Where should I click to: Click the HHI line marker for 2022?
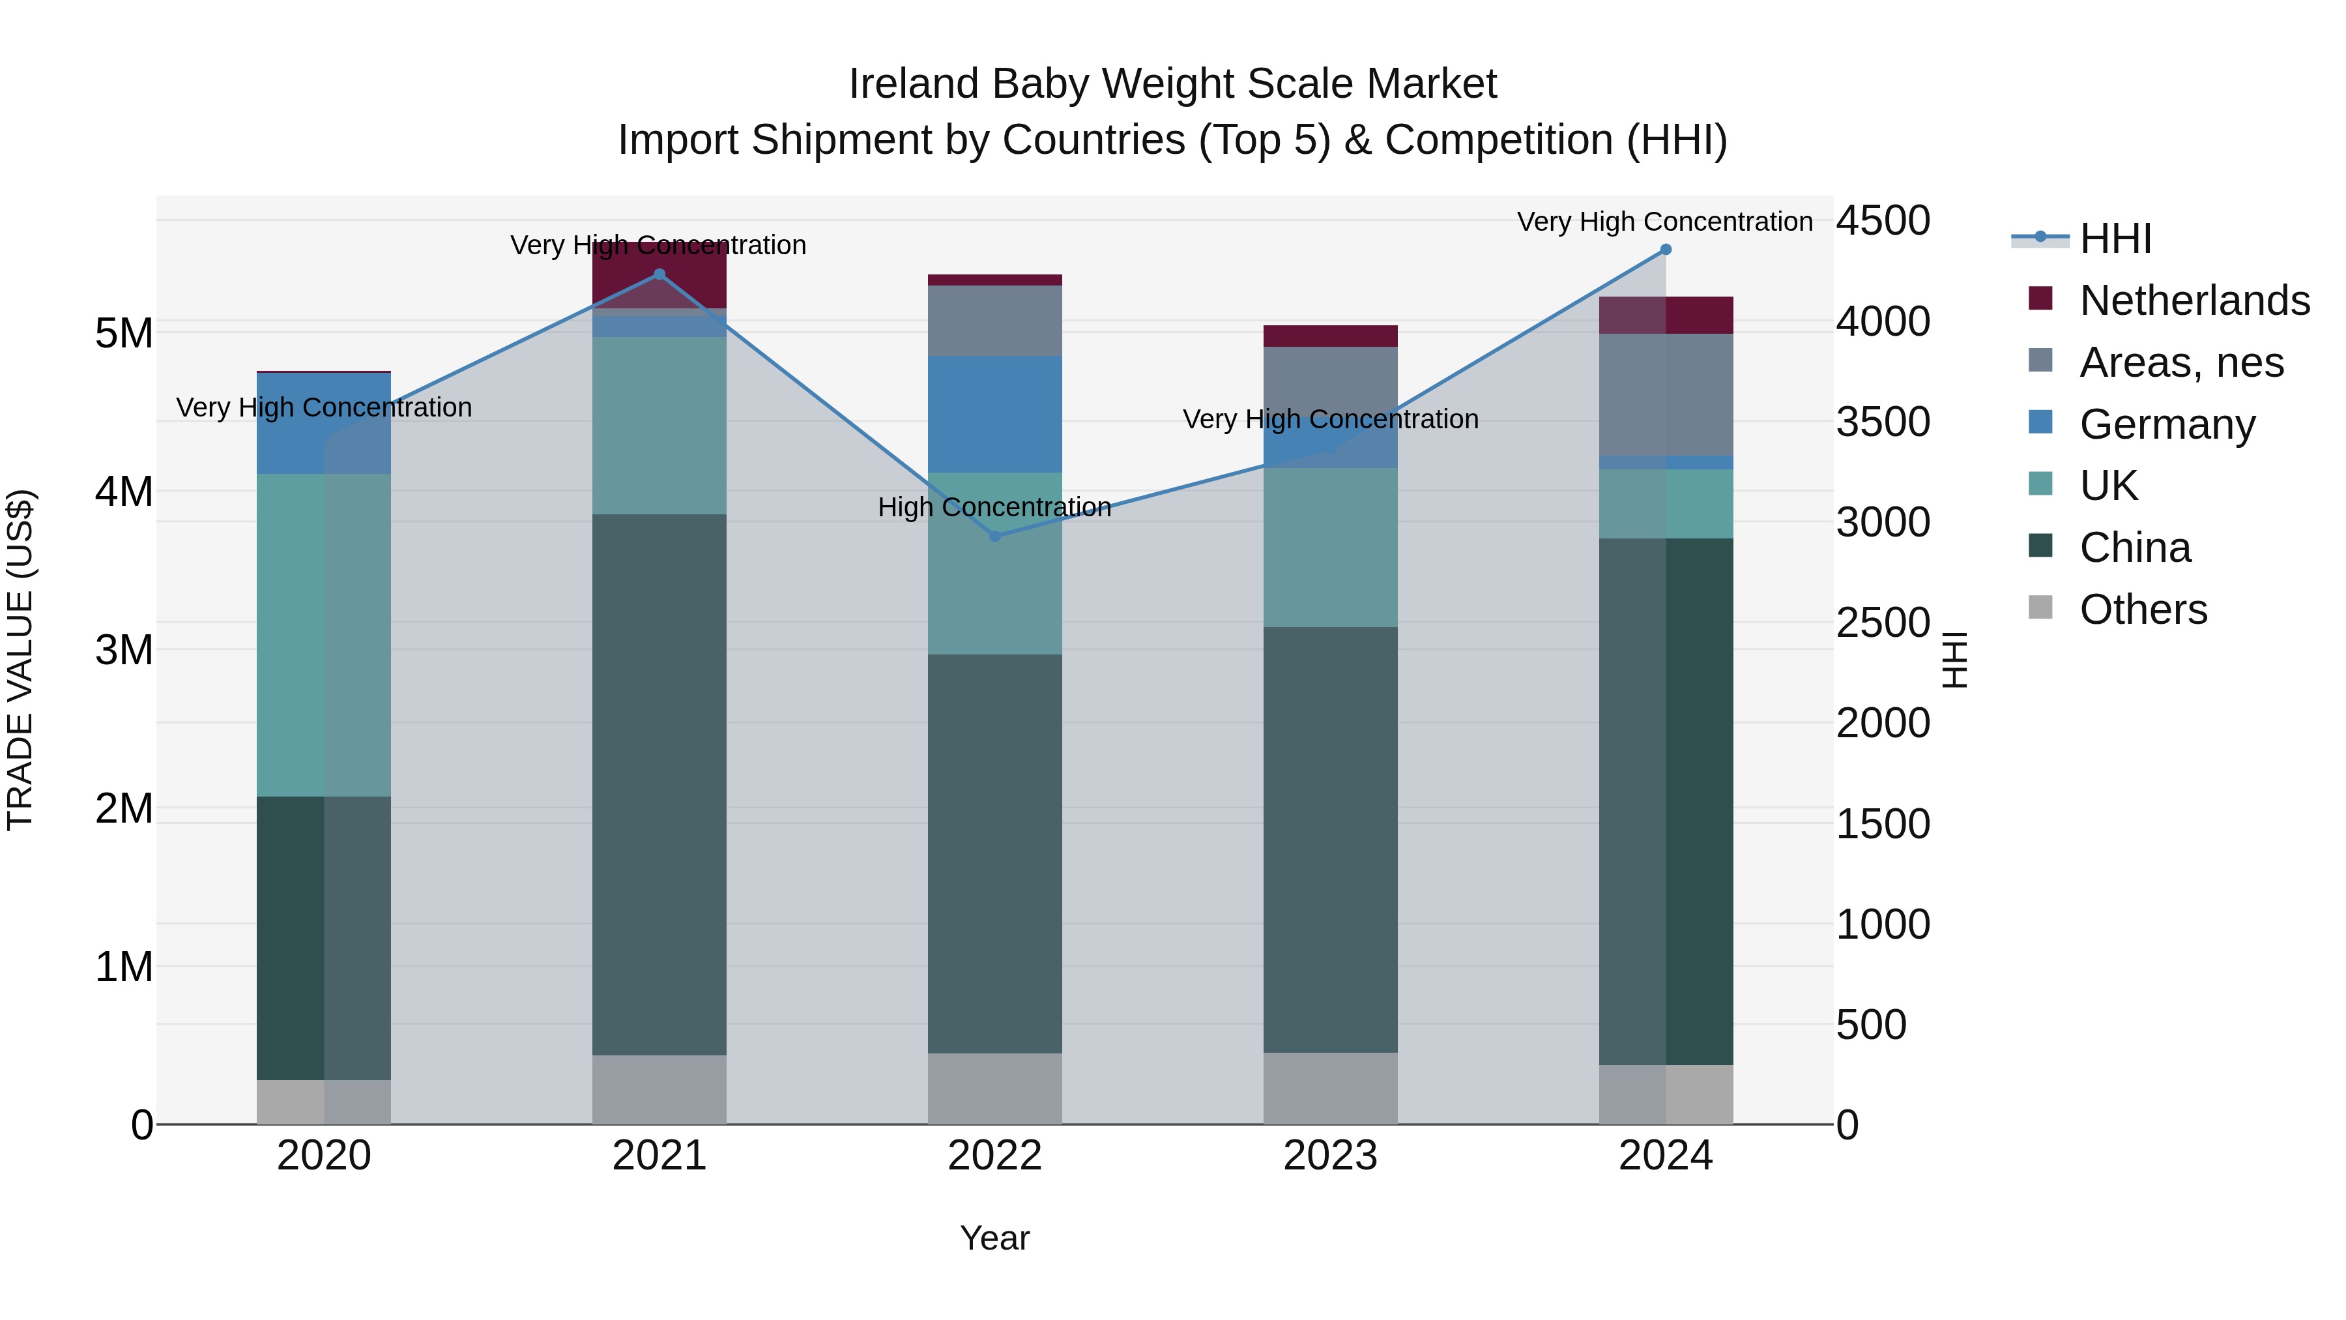994,536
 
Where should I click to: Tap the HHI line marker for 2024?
1666,249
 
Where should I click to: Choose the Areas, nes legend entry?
2181,362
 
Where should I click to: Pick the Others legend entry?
2143,609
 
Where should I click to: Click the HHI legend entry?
2115,238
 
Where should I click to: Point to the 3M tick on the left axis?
124,649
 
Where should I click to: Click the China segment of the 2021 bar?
659,784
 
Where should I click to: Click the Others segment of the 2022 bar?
994,1088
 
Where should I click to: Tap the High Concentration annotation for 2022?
994,506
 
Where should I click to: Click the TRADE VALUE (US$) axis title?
20,660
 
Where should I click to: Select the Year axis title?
994,1238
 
